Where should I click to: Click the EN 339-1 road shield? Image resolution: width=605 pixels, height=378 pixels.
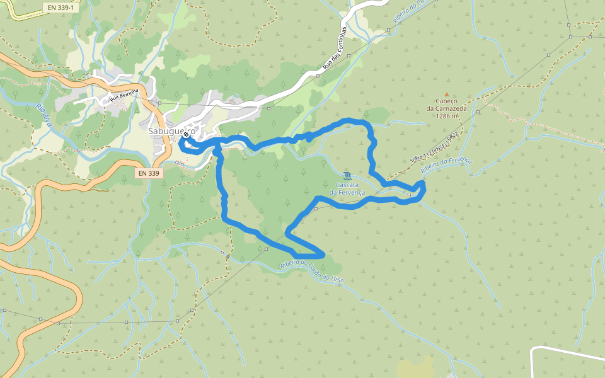pyautogui.click(x=60, y=8)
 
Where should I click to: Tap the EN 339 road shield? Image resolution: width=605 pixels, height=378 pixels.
pyautogui.click(x=149, y=171)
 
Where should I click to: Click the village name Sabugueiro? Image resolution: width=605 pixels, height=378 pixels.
pyautogui.click(x=169, y=132)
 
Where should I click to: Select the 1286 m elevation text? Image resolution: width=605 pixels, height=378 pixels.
pyautogui.click(x=447, y=116)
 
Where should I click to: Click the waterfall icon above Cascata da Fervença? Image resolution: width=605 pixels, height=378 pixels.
pyautogui.click(x=348, y=175)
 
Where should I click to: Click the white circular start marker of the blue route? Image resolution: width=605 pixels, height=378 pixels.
pyautogui.click(x=186, y=134)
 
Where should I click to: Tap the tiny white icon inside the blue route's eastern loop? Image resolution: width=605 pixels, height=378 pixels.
pyautogui.click(x=409, y=195)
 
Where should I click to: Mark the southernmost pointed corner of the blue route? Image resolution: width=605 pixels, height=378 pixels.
pyautogui.click(x=323, y=255)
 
